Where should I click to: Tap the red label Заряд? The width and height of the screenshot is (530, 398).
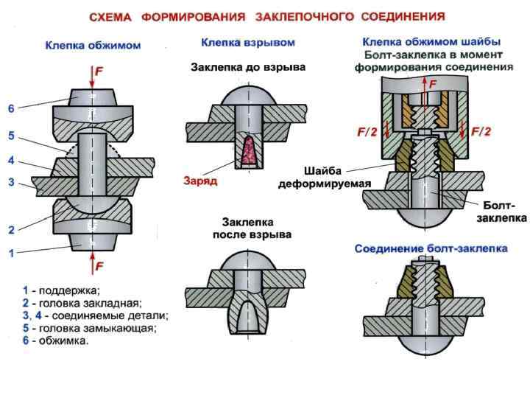(200, 179)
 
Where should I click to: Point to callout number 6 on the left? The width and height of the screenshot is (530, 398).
(11, 108)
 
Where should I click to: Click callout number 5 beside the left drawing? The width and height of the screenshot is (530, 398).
(11, 136)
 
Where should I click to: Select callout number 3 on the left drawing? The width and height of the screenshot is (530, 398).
(11, 181)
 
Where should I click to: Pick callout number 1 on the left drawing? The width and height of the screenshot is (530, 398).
(11, 254)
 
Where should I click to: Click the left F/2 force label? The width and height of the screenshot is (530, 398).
(367, 133)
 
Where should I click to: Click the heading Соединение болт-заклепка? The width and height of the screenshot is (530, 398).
(431, 249)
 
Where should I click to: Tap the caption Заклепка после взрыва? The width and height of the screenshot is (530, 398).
(248, 228)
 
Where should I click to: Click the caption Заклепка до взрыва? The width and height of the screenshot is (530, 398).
(248, 67)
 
